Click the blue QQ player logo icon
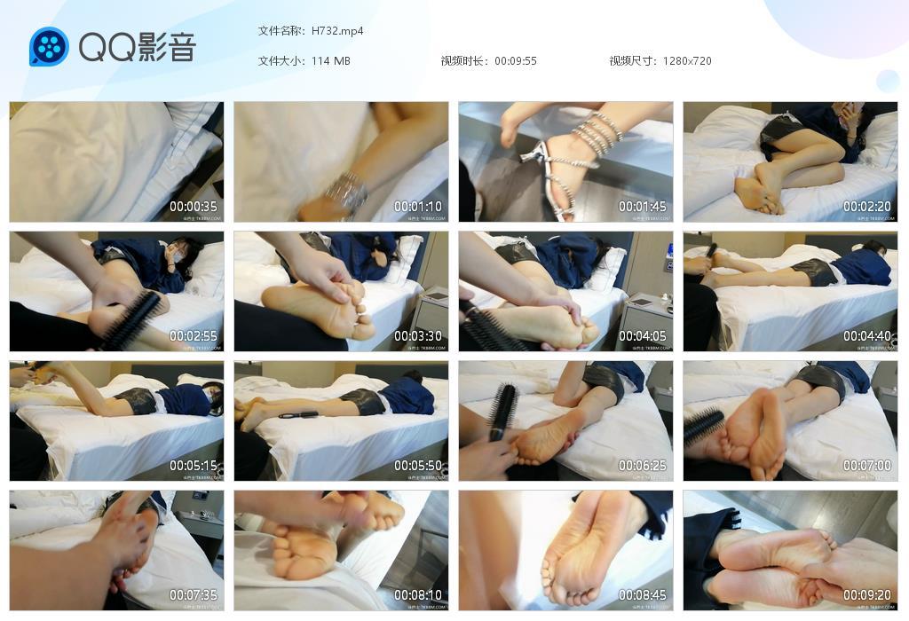pyautogui.click(x=49, y=47)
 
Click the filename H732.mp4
pyautogui.click(x=337, y=31)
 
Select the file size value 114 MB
pyautogui.click(x=331, y=61)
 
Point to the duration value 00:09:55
pyautogui.click(x=516, y=61)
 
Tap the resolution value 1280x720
pyautogui.click(x=687, y=61)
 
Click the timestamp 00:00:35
pyautogui.click(x=194, y=207)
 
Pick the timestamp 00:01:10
pyautogui.click(x=418, y=207)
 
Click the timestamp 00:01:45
pyautogui.click(x=643, y=207)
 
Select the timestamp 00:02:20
pyautogui.click(x=867, y=207)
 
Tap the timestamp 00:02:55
pyautogui.click(x=194, y=336)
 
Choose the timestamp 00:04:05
pyautogui.click(x=643, y=336)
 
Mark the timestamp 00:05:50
pyautogui.click(x=418, y=466)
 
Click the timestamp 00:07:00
pyautogui.click(x=867, y=466)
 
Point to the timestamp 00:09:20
pyautogui.click(x=867, y=595)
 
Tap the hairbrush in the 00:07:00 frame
pyautogui.click(x=703, y=426)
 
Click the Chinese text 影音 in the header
pyautogui.click(x=166, y=47)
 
